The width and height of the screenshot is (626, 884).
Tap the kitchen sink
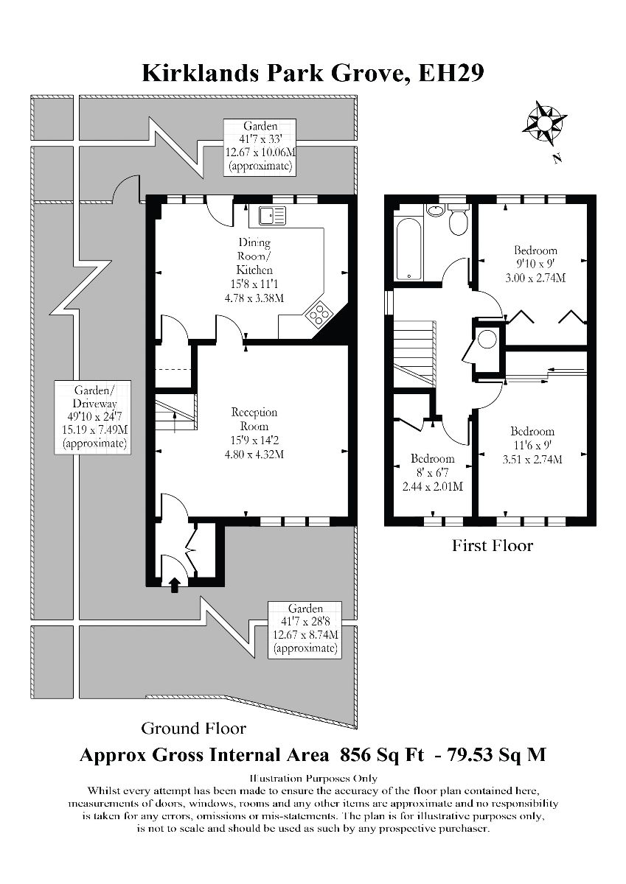click(x=272, y=215)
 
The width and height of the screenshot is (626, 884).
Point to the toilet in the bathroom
click(x=458, y=221)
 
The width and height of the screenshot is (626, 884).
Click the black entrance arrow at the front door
click(x=175, y=585)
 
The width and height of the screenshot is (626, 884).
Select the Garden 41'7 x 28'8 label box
click(x=305, y=628)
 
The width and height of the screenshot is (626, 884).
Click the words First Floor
click(x=492, y=546)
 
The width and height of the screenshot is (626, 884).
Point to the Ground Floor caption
click(x=193, y=729)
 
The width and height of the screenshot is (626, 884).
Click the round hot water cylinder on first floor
click(x=487, y=340)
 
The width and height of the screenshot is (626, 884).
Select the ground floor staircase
click(x=175, y=411)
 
